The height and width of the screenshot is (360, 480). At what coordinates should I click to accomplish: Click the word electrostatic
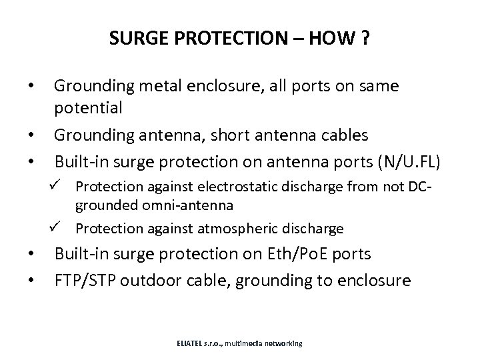coord(244,189)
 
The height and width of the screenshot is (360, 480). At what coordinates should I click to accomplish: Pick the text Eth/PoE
coord(295,254)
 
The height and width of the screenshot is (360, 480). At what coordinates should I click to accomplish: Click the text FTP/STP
coord(85,280)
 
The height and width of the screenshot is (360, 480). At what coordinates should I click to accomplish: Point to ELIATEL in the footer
coord(191,343)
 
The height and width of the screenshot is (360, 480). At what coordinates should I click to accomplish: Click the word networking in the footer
coord(283,343)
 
